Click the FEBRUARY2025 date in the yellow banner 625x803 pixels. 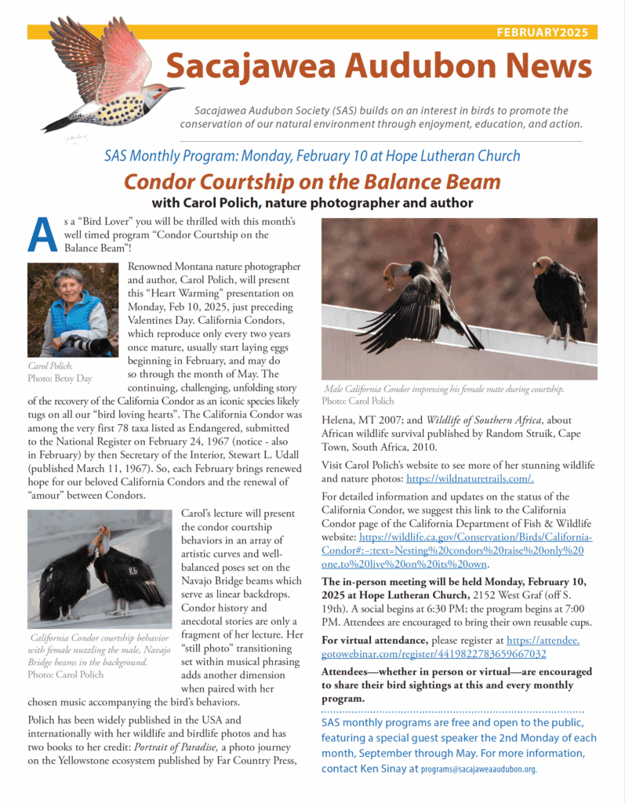click(546, 32)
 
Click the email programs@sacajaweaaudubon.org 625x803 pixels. click(478, 770)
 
